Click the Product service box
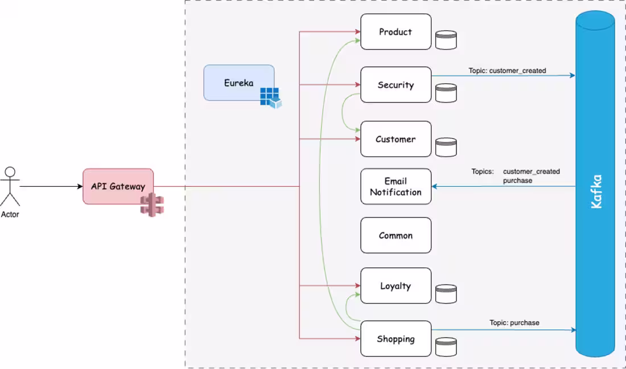(396, 32)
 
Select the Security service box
(396, 85)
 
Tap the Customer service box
(396, 139)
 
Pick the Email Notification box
(396, 186)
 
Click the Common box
(396, 235)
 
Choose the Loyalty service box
(396, 286)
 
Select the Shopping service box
(396, 339)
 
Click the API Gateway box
(118, 186)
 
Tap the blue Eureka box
(238, 83)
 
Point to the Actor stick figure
(10, 187)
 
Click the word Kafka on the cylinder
(596, 191)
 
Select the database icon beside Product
(446, 40)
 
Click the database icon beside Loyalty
(446, 294)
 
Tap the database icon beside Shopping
(446, 347)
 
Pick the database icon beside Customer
(446, 147)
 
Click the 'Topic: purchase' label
(514, 323)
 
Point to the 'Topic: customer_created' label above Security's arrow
(507, 71)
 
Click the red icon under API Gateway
(152, 205)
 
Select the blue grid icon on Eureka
(270, 97)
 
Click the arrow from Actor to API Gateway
(51, 186)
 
